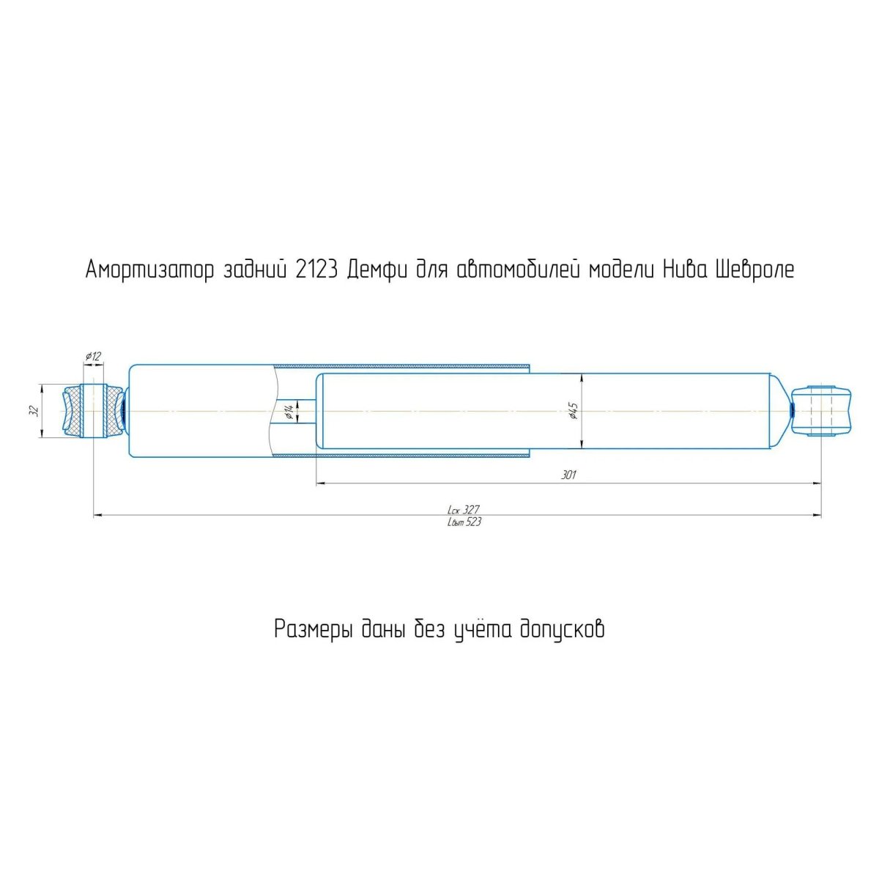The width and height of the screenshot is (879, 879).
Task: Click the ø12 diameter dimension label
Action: [x=92, y=356]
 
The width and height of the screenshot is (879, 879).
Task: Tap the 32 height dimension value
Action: [x=34, y=411]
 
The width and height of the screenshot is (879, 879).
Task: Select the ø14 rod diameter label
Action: [x=288, y=412]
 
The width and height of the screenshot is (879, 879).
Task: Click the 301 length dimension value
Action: [x=568, y=475]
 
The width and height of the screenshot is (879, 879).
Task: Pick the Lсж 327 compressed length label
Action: [x=464, y=509]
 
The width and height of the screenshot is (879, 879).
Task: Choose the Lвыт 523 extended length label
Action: [x=464, y=522]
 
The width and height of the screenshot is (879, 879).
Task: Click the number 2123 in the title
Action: [x=316, y=270]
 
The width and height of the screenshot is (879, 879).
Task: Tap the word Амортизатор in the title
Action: [x=149, y=271]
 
